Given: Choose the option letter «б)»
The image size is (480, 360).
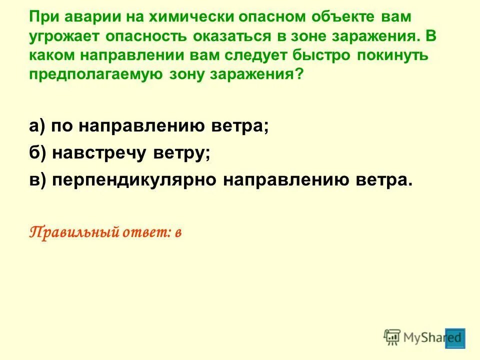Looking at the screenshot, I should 37,153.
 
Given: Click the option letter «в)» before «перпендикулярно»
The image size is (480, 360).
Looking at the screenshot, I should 37,180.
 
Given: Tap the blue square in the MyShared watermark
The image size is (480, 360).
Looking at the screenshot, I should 455,338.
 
